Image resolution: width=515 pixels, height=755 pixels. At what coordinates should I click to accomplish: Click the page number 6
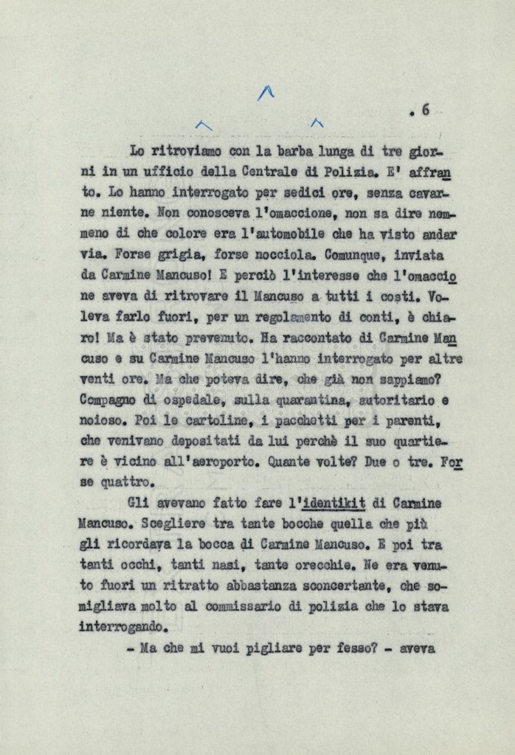tap(425, 111)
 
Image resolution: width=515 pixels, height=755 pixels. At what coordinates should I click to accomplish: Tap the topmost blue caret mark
tap(266, 92)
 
